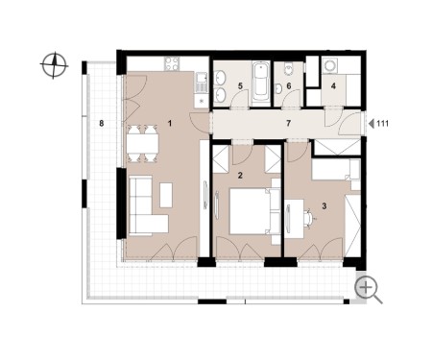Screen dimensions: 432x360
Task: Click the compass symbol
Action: [x=54, y=65]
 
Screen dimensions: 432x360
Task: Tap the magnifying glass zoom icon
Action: [x=369, y=290]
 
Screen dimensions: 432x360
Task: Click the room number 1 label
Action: [x=170, y=123]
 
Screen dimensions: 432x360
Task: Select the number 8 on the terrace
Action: [x=102, y=123]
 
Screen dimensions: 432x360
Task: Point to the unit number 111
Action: [x=383, y=124]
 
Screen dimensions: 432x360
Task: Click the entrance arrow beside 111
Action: [x=372, y=124]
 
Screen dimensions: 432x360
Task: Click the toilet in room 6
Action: [x=288, y=69]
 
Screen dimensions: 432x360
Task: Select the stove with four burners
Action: [x=172, y=63]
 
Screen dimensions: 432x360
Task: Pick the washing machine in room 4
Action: [x=328, y=65]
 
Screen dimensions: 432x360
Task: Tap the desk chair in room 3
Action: [x=309, y=218]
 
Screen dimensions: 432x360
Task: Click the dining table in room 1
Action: [x=142, y=144]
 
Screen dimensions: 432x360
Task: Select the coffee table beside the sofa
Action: [x=166, y=195]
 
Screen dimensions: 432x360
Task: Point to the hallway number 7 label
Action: [x=288, y=123]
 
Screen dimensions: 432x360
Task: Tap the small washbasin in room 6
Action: [x=278, y=88]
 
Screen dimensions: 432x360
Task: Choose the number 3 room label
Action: [x=324, y=206]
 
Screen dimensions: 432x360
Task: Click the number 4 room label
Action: [x=333, y=85]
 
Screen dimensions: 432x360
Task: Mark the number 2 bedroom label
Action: [x=240, y=175]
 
